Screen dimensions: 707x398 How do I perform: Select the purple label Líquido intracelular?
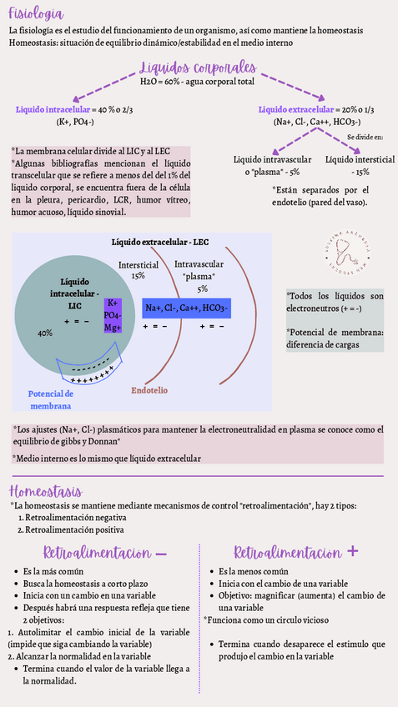[53, 109]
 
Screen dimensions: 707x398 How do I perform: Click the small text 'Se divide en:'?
[365, 136]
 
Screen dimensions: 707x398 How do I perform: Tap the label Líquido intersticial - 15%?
[360, 164]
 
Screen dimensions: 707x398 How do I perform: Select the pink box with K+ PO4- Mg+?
[113, 316]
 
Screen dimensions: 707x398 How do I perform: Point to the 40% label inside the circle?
[45, 333]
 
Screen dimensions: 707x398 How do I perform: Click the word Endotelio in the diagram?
[149, 389]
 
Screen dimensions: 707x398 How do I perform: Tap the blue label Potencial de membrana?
[51, 399]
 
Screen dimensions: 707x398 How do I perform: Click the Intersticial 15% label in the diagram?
[138, 269]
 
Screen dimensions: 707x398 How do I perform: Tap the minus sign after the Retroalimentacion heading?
[162, 553]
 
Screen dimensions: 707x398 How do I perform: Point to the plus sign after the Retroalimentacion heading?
[353, 552]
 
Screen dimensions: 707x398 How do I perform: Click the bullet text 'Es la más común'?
[56, 571]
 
